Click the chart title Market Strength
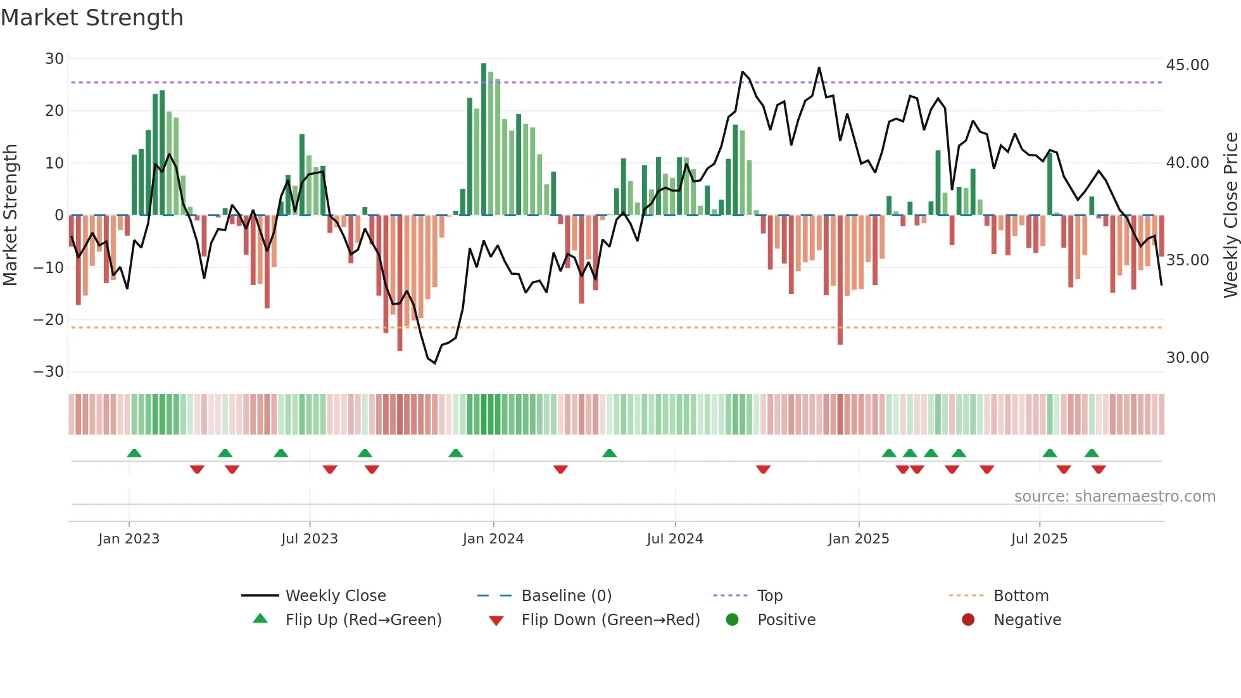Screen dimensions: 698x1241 tap(92, 18)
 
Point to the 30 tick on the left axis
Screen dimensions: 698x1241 tap(54, 59)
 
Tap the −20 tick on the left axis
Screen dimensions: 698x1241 tap(49, 320)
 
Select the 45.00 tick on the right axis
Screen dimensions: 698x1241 tap(1187, 65)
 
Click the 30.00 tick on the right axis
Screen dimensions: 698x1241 tap(1187, 358)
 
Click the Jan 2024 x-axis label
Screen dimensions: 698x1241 tap(493, 539)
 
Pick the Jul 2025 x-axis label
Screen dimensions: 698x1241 tap(1039, 539)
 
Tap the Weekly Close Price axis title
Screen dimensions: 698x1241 tap(1230, 215)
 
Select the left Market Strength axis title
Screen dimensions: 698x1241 tap(10, 215)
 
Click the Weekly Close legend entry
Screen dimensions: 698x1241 tap(336, 596)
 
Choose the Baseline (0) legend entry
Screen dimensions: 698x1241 tap(566, 596)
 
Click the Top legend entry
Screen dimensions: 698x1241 tap(770, 596)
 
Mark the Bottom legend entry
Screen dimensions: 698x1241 tap(1021, 596)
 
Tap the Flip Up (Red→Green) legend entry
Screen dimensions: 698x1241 tap(363, 620)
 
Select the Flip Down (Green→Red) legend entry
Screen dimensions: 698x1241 tap(610, 620)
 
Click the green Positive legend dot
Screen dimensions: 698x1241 tap(733, 620)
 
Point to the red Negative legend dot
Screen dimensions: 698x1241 tap(968, 620)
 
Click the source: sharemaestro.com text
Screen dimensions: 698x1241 tap(1114, 497)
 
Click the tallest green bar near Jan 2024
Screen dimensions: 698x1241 tap(484, 139)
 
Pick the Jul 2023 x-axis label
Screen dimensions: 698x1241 tap(310, 539)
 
